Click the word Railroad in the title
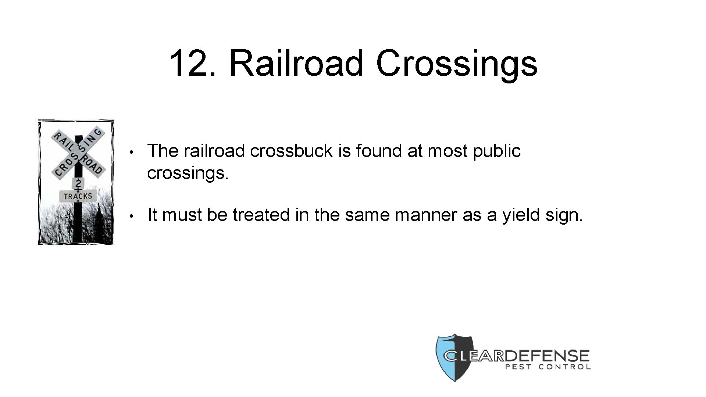coord(296,63)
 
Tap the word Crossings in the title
coord(457,63)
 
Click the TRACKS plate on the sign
coord(78,196)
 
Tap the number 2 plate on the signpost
coord(79,183)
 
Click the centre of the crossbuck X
coord(78,151)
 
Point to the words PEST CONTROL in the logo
coord(548,367)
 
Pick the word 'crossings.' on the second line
coord(188,173)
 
